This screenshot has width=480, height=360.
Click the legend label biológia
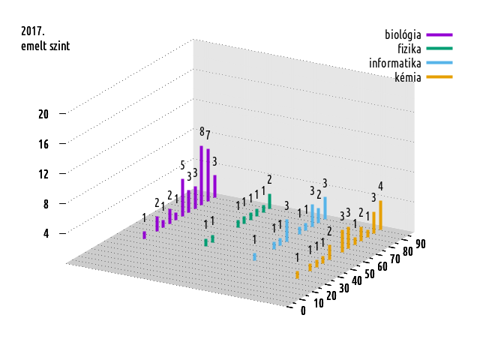[x=403, y=34]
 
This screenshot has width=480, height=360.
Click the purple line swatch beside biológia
[x=439, y=34]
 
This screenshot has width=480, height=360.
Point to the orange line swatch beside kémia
[x=439, y=77]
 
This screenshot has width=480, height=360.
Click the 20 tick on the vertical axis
[x=43, y=114]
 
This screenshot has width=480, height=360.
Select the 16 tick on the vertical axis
[x=43, y=143]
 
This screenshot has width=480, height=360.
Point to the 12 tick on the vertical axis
[x=43, y=173]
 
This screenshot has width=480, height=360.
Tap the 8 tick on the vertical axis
[x=46, y=203]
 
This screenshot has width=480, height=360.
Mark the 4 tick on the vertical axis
[x=46, y=233]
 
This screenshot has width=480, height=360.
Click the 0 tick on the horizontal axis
[x=303, y=311]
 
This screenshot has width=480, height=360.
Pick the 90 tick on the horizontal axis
[x=421, y=243]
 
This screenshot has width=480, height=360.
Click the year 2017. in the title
[x=33, y=31]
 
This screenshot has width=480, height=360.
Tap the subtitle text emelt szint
[x=45, y=46]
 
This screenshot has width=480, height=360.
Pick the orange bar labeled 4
[x=380, y=214]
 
